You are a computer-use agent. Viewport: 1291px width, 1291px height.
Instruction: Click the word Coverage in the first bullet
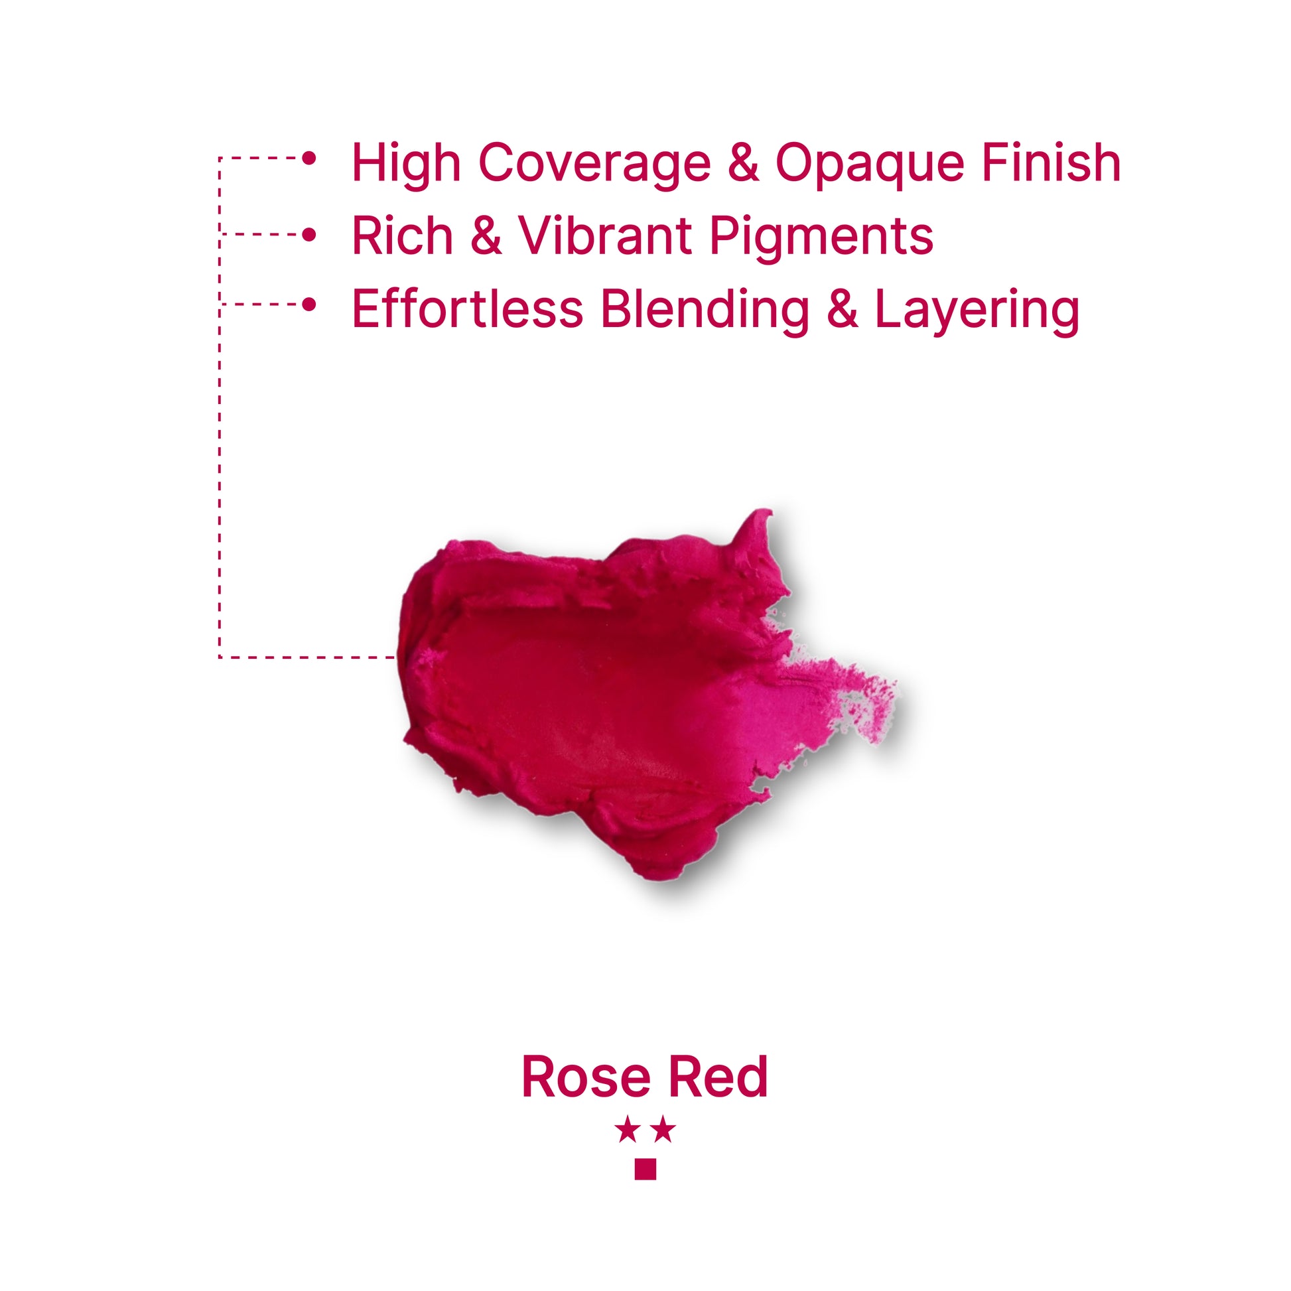(594, 163)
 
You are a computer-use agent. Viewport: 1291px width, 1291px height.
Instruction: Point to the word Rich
(402, 236)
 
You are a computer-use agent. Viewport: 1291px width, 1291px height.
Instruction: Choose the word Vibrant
(605, 236)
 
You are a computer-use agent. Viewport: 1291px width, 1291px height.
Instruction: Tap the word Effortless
(468, 308)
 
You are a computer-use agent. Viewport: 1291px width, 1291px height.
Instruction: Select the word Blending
(705, 311)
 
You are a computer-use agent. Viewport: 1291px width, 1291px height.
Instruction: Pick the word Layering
(978, 311)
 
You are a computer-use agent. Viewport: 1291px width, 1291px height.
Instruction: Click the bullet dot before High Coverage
(308, 159)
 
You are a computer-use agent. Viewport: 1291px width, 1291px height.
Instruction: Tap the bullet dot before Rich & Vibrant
(308, 235)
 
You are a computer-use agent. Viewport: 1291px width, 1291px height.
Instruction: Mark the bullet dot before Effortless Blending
(308, 304)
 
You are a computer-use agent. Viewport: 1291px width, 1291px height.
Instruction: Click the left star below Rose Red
(628, 1130)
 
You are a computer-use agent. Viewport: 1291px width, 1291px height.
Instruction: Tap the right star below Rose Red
(663, 1130)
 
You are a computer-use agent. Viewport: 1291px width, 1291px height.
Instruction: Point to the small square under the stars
(645, 1169)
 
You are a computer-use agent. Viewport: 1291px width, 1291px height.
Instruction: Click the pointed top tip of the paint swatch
(770, 511)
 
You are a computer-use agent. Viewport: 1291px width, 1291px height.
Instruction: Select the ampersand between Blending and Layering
(843, 308)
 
